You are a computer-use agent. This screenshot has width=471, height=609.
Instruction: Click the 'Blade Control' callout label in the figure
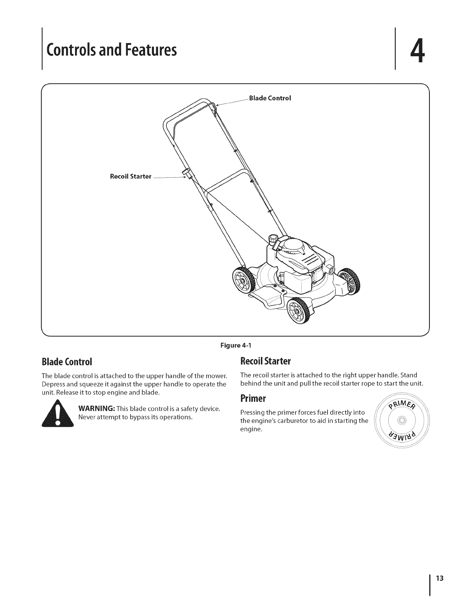point(270,98)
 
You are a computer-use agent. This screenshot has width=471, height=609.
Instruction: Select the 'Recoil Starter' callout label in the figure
point(131,177)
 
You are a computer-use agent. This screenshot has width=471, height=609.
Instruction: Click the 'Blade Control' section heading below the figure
point(67,362)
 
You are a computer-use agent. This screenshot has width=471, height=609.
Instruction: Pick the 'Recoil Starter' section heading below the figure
point(266,362)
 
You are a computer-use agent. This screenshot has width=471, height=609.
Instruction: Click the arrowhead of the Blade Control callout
point(217,105)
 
